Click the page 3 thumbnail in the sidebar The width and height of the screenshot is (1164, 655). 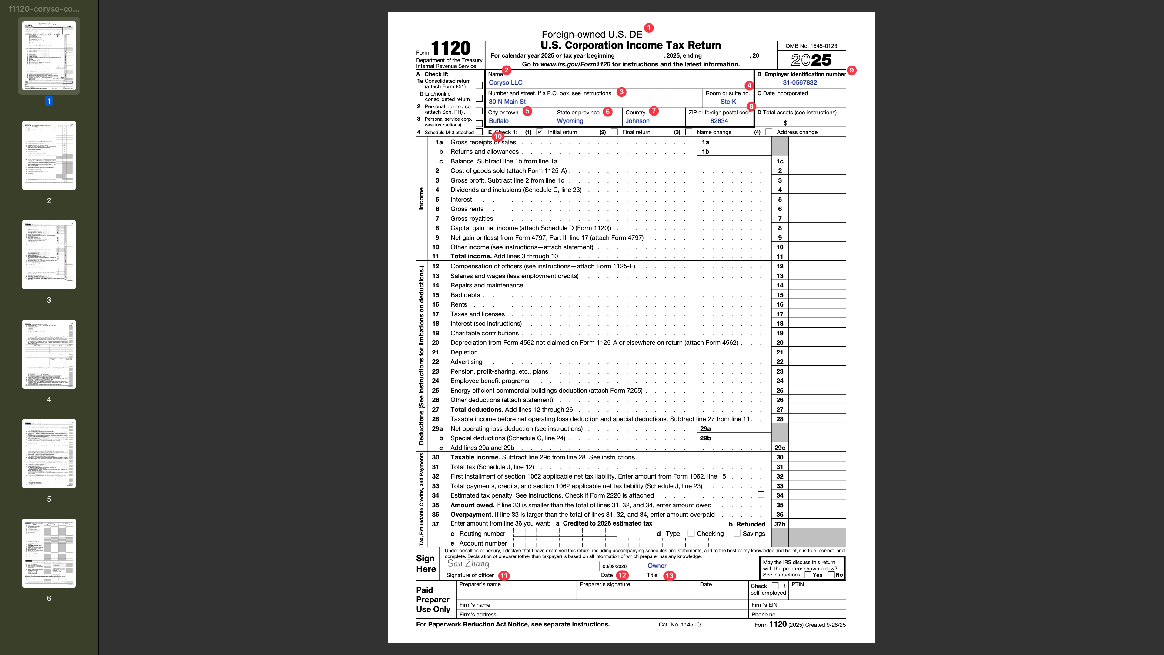coord(49,254)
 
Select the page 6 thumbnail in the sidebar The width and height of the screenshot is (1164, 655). coord(49,553)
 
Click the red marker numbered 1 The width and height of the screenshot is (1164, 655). coord(648,28)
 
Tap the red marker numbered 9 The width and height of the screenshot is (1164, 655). coord(851,70)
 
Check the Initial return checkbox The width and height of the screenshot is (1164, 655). coord(540,132)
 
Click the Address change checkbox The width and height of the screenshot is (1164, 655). coord(769,132)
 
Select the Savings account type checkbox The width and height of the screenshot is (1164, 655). coord(737,533)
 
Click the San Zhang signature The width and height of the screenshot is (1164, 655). coord(468,564)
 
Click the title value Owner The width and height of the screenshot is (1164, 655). coord(657,566)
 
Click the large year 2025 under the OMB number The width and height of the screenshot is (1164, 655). coord(811,60)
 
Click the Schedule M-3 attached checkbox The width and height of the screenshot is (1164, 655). coord(479,132)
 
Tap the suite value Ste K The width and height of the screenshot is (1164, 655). coord(728,102)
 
